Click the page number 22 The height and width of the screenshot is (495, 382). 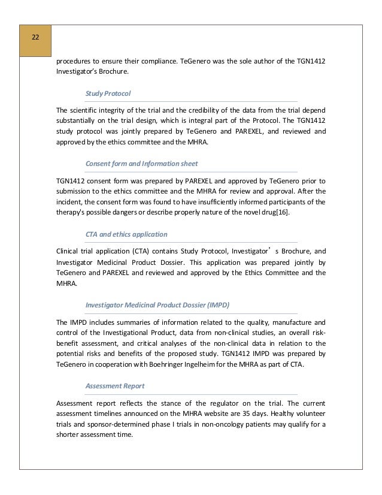coord(35,38)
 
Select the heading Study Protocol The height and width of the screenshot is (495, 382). coord(108,94)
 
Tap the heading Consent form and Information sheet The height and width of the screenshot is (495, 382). coord(142,163)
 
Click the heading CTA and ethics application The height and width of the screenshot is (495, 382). coord(126,234)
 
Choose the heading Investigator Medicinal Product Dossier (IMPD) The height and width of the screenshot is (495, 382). coord(157,304)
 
